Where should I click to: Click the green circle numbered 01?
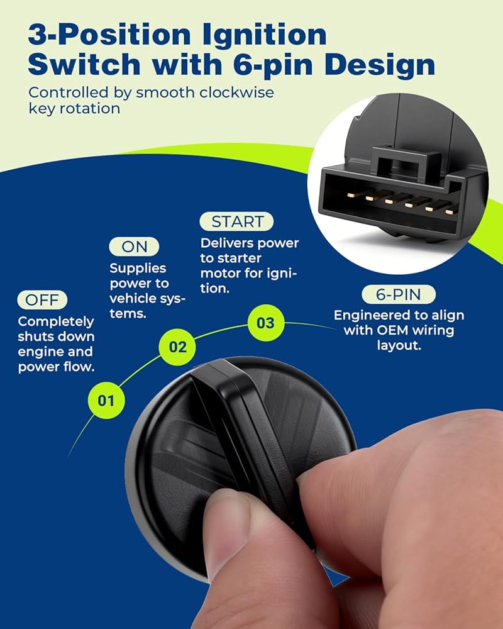pyautogui.click(x=106, y=400)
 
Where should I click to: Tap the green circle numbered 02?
pyautogui.click(x=177, y=347)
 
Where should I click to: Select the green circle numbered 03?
pyautogui.click(x=265, y=323)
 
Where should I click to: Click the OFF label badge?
pyautogui.click(x=42, y=299)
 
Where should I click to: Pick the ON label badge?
pyautogui.click(x=134, y=247)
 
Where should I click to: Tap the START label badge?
pyautogui.click(x=236, y=221)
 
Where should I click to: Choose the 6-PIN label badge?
pyautogui.click(x=398, y=294)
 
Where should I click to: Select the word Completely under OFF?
pyautogui.click(x=56, y=321)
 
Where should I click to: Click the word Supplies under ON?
pyautogui.click(x=138, y=268)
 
